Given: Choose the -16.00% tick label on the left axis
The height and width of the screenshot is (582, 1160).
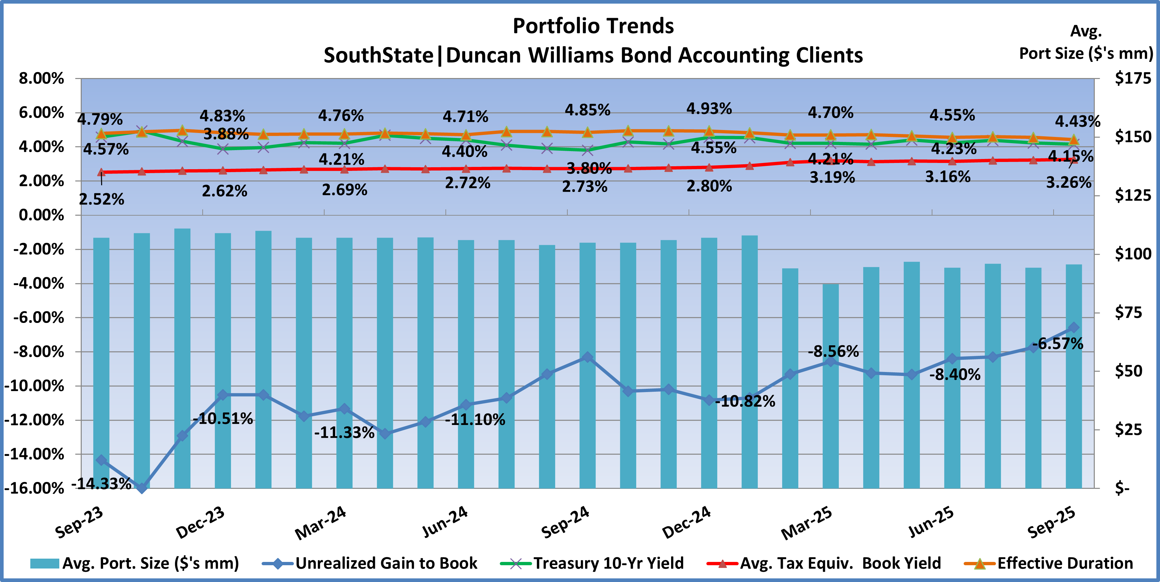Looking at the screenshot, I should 34,489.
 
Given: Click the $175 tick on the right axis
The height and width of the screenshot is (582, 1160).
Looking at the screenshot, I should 1133,78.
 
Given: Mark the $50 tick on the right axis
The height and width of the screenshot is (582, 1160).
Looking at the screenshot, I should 1128,371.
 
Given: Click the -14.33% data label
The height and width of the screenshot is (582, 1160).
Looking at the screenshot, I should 102,484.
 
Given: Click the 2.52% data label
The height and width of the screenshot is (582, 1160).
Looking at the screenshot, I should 102,199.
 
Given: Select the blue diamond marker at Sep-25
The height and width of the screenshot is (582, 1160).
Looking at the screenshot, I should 1074,327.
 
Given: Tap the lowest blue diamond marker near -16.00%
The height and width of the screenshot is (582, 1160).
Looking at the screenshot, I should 142,488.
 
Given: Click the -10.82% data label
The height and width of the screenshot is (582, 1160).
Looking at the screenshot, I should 745,401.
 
